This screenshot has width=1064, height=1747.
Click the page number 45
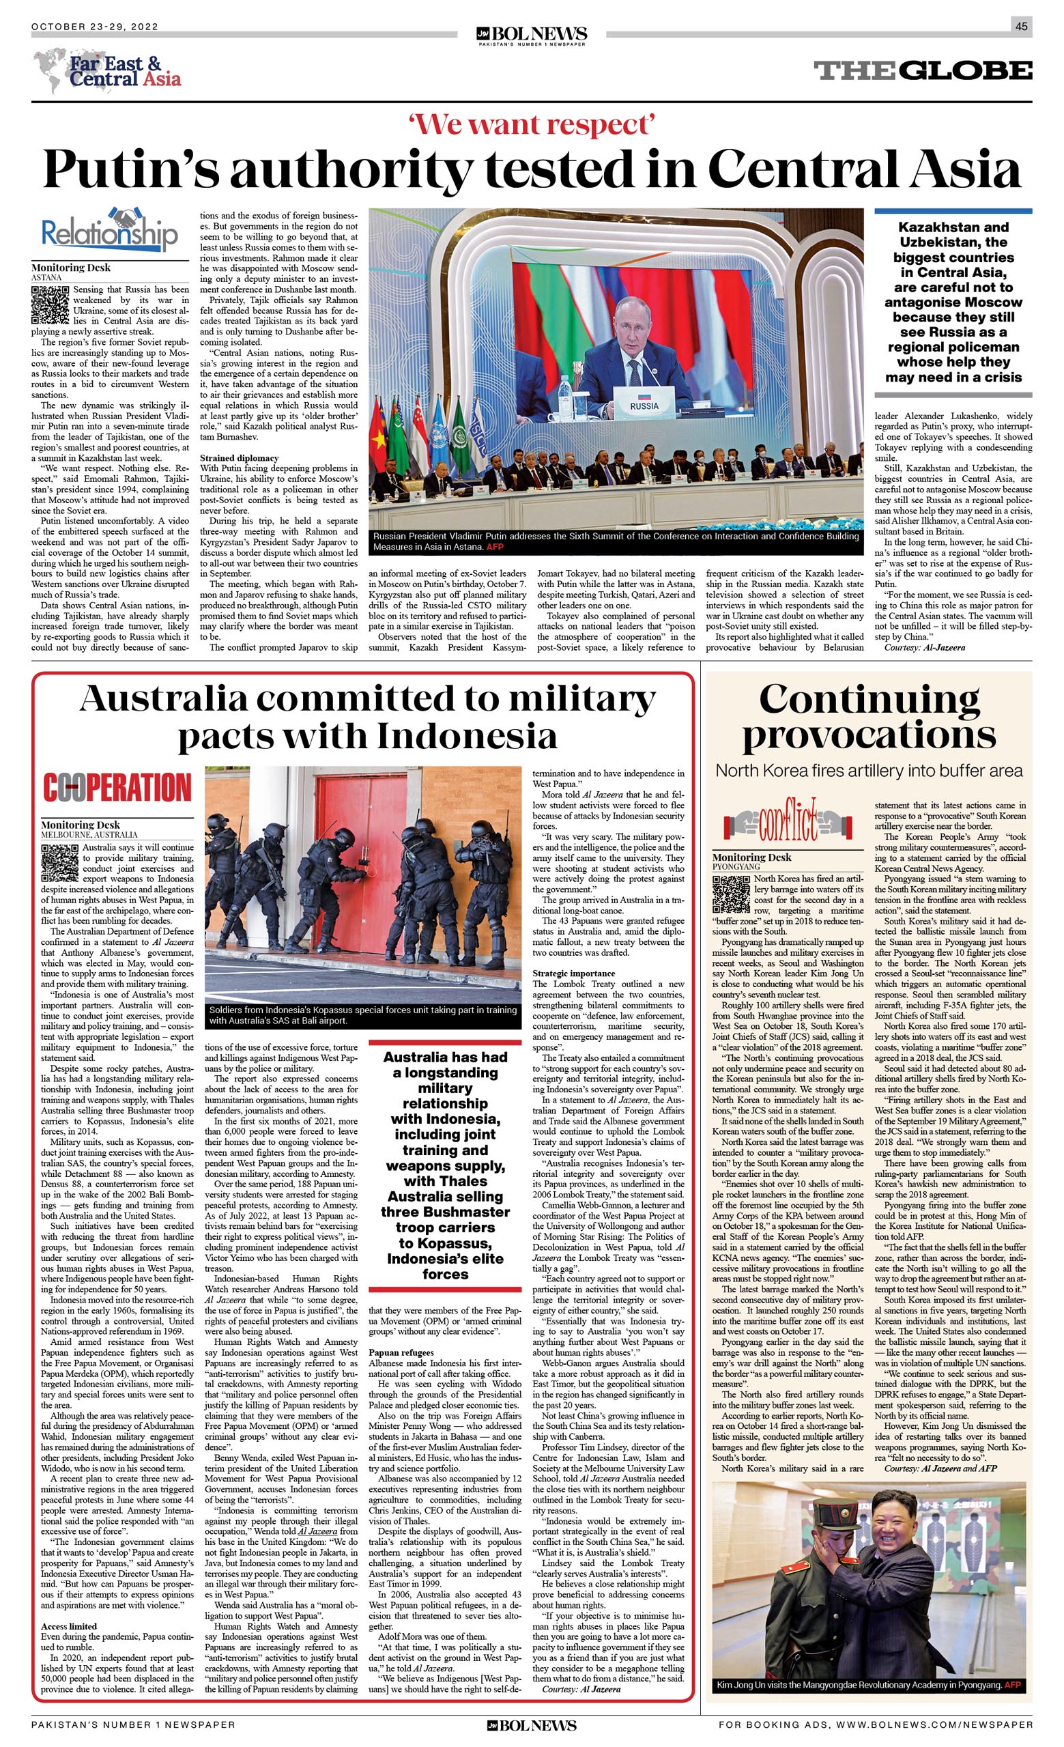(x=1021, y=27)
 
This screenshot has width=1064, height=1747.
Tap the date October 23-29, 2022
(x=95, y=27)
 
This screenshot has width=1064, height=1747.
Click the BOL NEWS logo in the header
(x=532, y=35)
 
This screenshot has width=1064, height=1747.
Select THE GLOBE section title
(x=922, y=70)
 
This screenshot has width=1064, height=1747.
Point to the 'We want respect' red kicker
(x=531, y=125)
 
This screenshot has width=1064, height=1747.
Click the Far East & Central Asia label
(x=124, y=72)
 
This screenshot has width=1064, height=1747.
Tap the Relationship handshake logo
(x=109, y=231)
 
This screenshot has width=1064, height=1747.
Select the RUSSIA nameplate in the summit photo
(x=644, y=406)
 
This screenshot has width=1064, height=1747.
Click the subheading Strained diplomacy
(x=239, y=458)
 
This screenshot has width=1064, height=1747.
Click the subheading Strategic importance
(x=575, y=974)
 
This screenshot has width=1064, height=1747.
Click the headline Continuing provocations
(x=868, y=718)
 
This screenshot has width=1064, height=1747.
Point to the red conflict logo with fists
(x=788, y=824)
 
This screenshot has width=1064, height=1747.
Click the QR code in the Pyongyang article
(x=731, y=895)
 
